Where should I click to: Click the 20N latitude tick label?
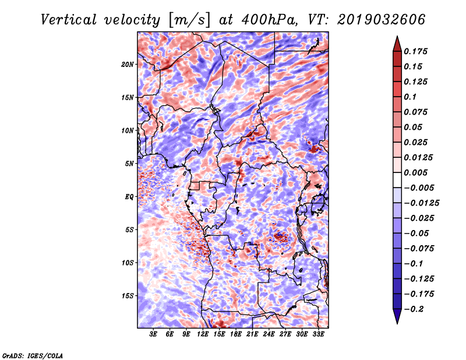pyautogui.click(x=128, y=65)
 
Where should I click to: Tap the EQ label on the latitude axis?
pyautogui.click(x=129, y=197)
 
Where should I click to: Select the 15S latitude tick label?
pyautogui.click(x=128, y=296)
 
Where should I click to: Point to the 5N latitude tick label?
pyautogui.click(x=129, y=164)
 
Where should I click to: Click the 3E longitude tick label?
pyautogui.click(x=153, y=334)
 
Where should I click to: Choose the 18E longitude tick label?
pyautogui.click(x=236, y=334)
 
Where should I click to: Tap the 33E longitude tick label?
pyautogui.click(x=318, y=334)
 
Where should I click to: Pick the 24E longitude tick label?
pyautogui.click(x=269, y=334)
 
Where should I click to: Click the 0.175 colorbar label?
pyautogui.click(x=415, y=51)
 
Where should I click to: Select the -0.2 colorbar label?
pyautogui.click(x=413, y=309)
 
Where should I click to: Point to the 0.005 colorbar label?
pyautogui.click(x=415, y=172)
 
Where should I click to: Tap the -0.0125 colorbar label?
pyautogui.click(x=421, y=203)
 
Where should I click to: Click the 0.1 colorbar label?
pyautogui.click(x=410, y=97)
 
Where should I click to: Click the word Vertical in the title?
pyautogui.click(x=69, y=20)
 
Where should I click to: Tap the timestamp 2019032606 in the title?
pyautogui.click(x=381, y=20)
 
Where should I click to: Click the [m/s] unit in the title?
pyautogui.click(x=190, y=20)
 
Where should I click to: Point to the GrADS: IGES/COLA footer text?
pyautogui.click(x=33, y=355)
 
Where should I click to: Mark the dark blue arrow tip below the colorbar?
pyautogui.click(x=397, y=323)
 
